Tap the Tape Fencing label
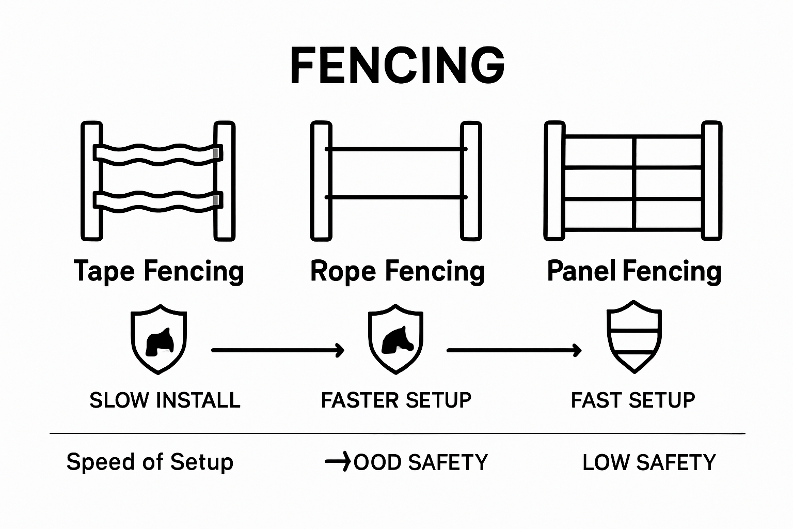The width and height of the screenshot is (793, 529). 158,272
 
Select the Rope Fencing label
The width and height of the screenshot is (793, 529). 397,272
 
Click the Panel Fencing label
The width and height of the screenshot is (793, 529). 634,272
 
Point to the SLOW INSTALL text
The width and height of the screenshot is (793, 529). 165,400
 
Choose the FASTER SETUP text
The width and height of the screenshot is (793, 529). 396,400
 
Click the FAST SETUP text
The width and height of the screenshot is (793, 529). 633,400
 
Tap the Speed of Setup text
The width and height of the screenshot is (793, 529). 150,462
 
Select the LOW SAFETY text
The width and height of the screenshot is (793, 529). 649,462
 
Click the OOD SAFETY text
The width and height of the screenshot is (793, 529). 420,462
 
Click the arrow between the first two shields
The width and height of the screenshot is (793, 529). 278,350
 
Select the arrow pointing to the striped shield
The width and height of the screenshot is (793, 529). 514,350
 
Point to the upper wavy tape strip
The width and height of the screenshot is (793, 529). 157,153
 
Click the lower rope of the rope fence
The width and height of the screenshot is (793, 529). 396,197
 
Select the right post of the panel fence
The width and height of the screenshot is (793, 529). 711,181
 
